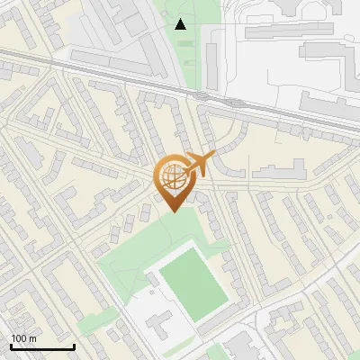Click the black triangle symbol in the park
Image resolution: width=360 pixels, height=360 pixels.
point(182,24)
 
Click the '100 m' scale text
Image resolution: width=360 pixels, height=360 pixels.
point(23,338)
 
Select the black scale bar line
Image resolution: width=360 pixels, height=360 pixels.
point(42,347)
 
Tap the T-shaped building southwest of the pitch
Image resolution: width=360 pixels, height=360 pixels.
point(159,321)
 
